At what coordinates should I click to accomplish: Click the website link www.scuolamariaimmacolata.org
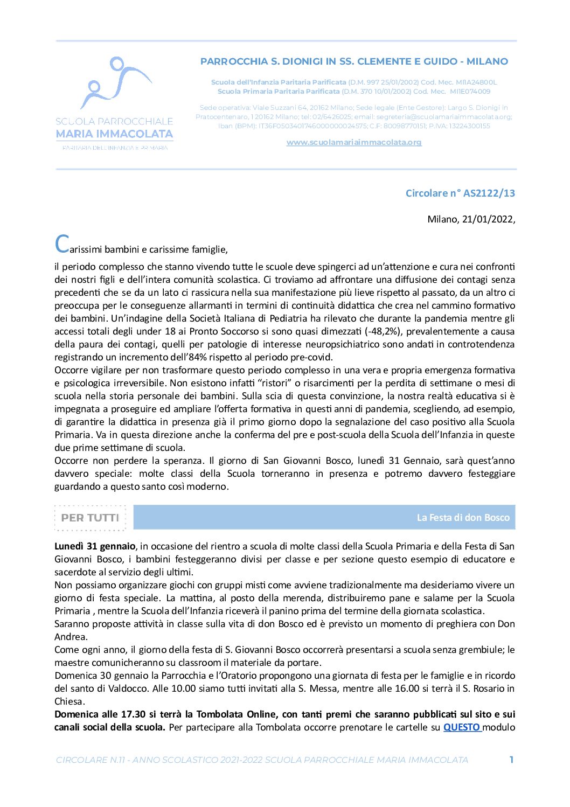pos(354,142)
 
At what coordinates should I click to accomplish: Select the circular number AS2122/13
pos(489,193)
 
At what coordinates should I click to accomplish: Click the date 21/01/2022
pos(488,219)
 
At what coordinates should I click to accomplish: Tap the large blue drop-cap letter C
pos(62,244)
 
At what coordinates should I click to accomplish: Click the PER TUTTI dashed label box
pos(90,518)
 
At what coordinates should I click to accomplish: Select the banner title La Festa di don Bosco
pos(463,518)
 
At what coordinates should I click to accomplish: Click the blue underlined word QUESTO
pos(462,727)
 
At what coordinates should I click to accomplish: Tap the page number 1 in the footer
pos(511,760)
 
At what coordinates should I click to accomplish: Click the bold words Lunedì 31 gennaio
pos(95,546)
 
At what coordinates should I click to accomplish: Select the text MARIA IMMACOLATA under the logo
pos(114,134)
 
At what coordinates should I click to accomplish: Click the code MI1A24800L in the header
pos(476,82)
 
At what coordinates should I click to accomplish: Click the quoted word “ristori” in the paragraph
pos(274,383)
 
